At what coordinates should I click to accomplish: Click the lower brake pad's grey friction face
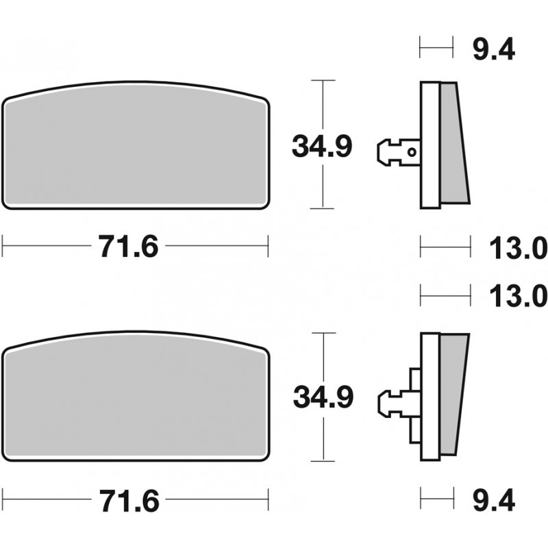(x=136, y=396)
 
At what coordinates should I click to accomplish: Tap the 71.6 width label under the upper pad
(x=128, y=247)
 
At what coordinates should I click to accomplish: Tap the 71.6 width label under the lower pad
(x=129, y=500)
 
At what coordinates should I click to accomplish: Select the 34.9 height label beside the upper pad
(x=322, y=146)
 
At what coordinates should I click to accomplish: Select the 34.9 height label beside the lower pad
(x=323, y=397)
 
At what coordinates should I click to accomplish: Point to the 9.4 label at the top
(x=494, y=49)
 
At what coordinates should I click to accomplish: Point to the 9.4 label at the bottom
(x=494, y=500)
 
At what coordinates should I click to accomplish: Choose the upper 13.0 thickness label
(x=518, y=247)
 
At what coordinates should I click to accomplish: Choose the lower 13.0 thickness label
(x=518, y=296)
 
